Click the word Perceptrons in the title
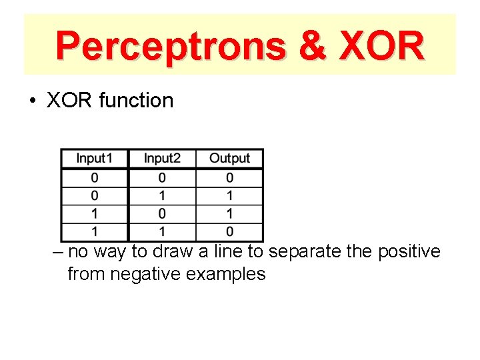coord(169,46)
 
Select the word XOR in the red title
coord(381,46)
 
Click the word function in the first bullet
coord(136,101)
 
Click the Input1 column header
coord(95,159)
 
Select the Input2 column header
coord(163,159)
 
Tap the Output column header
coord(229,159)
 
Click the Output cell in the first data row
coord(229,178)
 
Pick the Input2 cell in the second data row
coord(163,196)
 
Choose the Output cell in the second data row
coord(229,196)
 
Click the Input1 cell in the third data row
coord(95,214)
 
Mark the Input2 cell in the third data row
coord(163,214)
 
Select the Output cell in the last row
coord(229,232)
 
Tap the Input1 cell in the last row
coord(95,232)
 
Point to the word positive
coord(409,252)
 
